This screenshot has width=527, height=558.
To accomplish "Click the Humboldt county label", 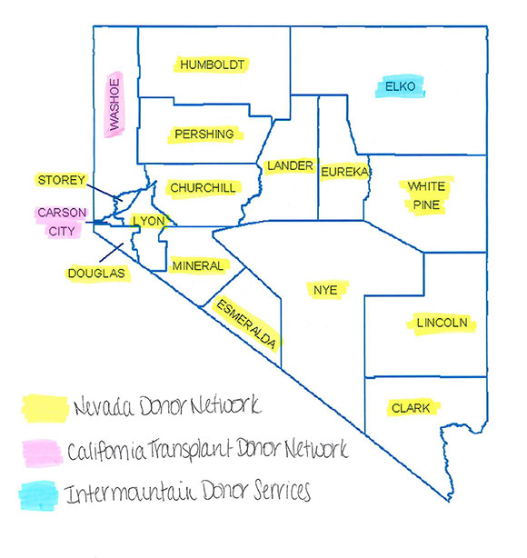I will pos(213,65).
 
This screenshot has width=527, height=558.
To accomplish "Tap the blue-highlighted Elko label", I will pos(400,87).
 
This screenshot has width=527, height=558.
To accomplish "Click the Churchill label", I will pos(203,188).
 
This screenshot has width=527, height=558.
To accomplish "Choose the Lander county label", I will pos(290,166).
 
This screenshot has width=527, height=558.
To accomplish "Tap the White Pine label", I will pos(425,195).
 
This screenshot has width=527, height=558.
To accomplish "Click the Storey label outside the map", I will pos(62,180).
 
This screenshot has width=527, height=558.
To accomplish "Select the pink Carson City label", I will pos(62,221).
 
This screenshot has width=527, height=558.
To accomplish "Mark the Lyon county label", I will pos(145,221).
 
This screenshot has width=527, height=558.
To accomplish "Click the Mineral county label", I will pos(197,265).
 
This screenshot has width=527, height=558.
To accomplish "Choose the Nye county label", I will pos(325,290).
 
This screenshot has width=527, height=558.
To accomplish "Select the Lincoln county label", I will pos(442,324).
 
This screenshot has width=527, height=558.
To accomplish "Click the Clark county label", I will pos(411,408).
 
